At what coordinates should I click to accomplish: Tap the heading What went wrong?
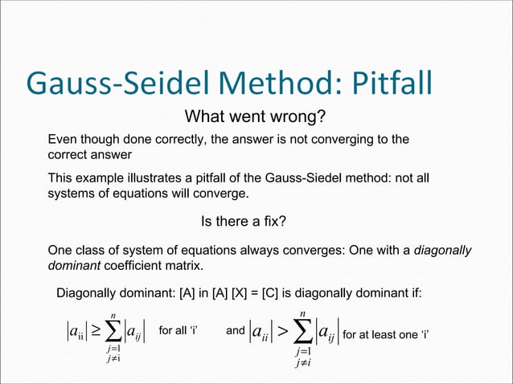255,117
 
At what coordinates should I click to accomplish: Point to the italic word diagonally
442,250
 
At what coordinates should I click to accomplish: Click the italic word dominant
74,264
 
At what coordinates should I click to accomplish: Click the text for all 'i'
179,330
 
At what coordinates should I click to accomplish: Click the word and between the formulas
236,330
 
